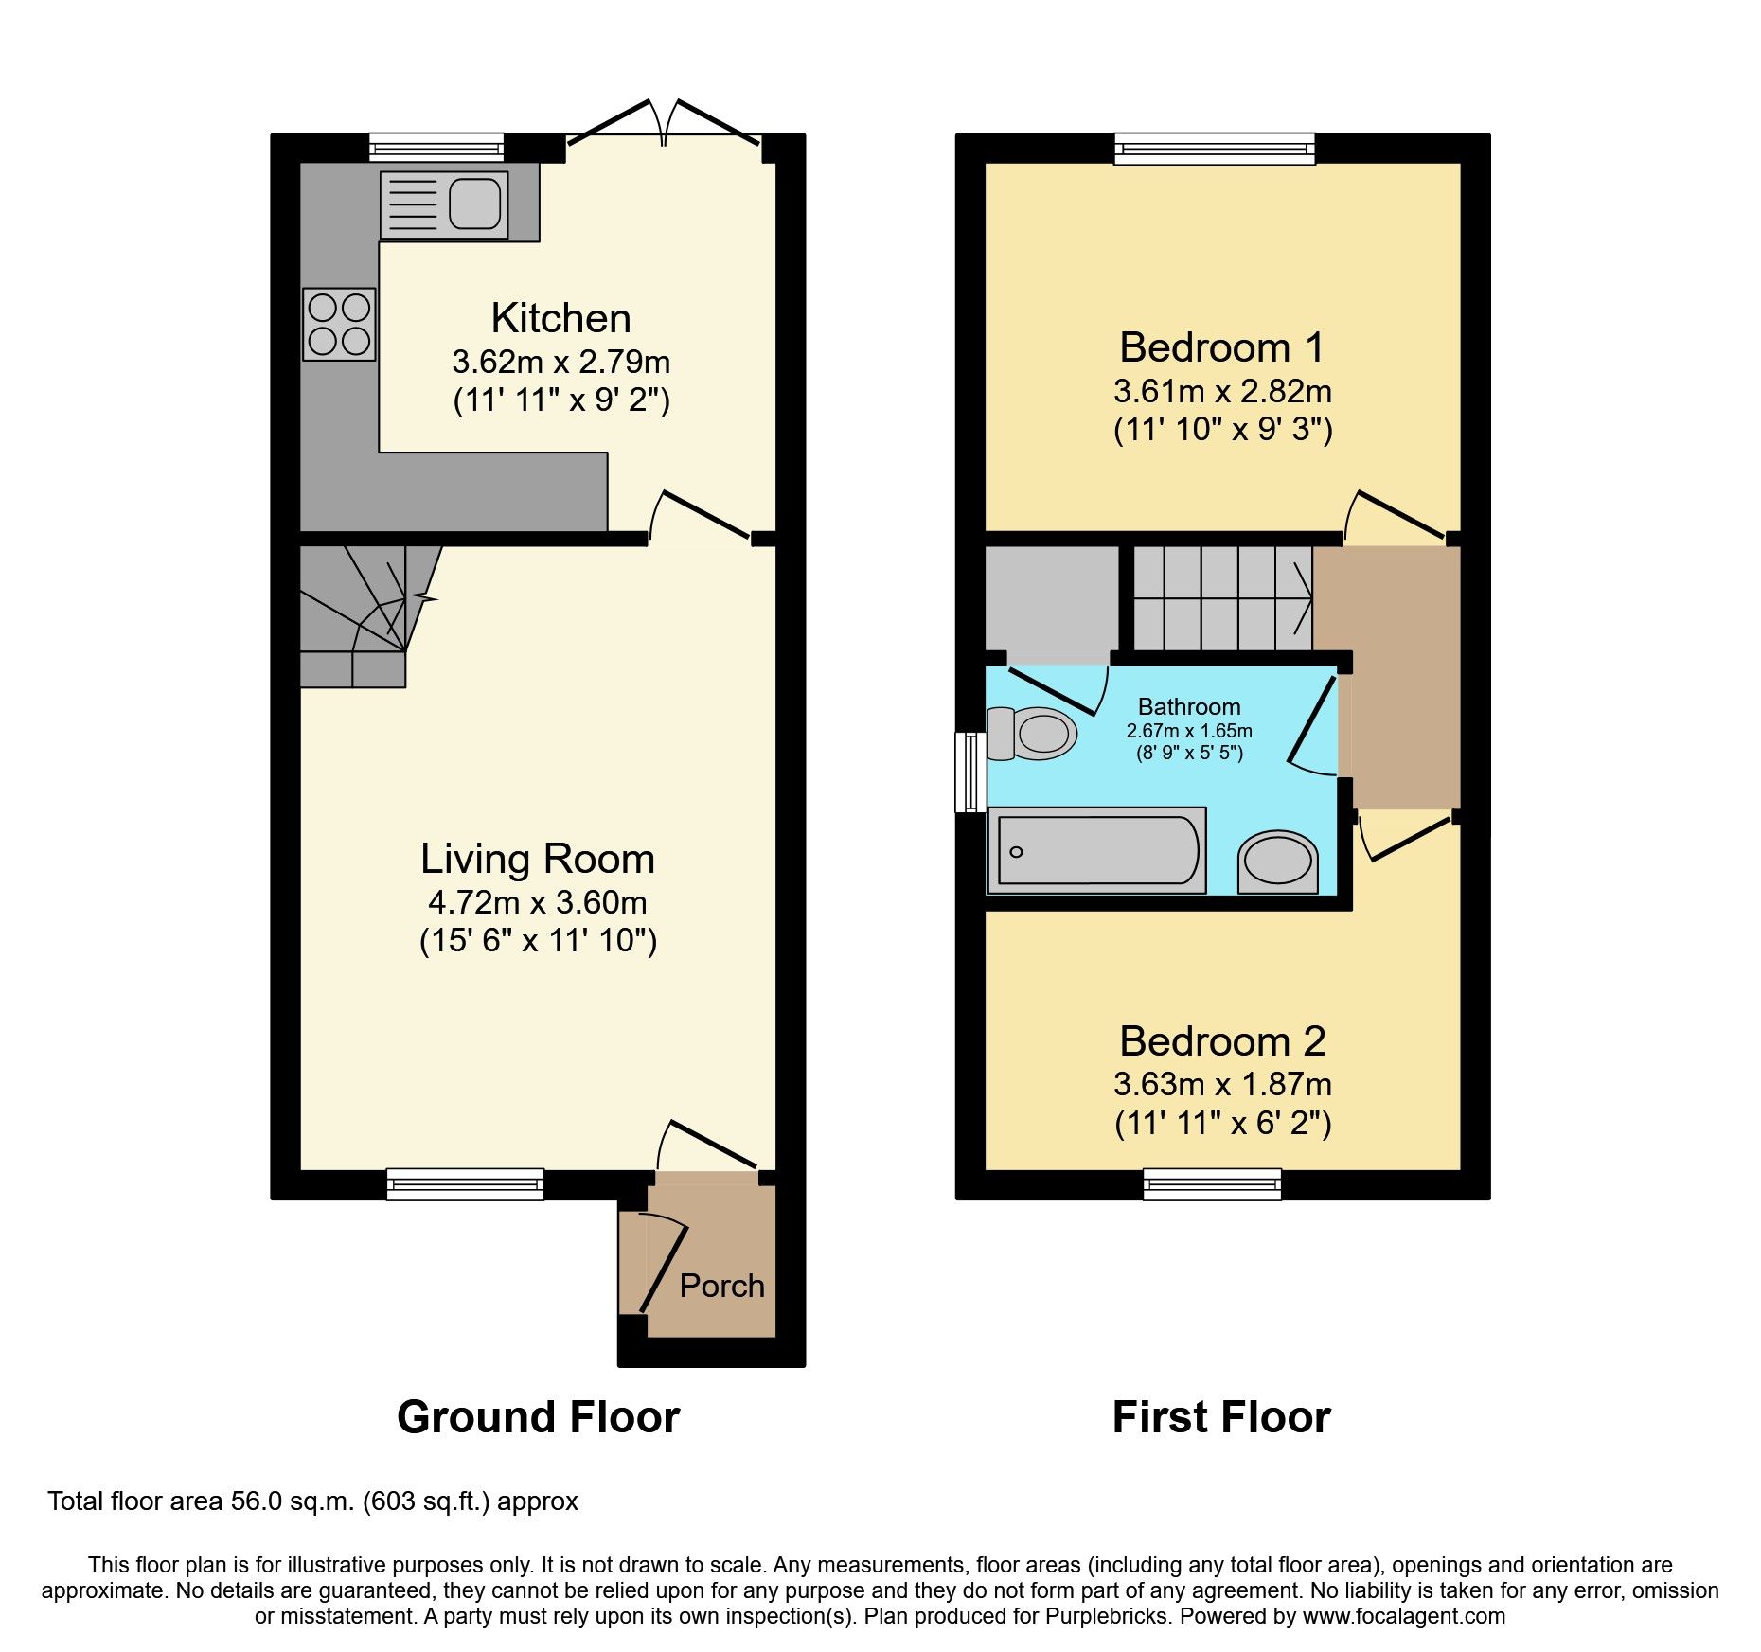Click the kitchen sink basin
coord(474,204)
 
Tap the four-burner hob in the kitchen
coord(339,324)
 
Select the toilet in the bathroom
coord(1034,734)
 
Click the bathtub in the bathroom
coord(1096,850)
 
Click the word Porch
coord(721,1286)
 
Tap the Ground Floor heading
coord(538,1417)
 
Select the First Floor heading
coord(1221,1417)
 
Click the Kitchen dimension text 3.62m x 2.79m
coord(560,362)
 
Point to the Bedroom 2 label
coord(1221,1041)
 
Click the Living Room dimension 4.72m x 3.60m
coord(537,902)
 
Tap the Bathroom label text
coord(1188,706)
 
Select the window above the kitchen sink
coord(436,148)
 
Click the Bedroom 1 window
coord(1214,148)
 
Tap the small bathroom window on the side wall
coord(969,772)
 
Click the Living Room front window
coord(465,1183)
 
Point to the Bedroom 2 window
coord(1212,1183)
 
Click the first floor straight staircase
coord(1221,598)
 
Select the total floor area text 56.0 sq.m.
coord(312,1501)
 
